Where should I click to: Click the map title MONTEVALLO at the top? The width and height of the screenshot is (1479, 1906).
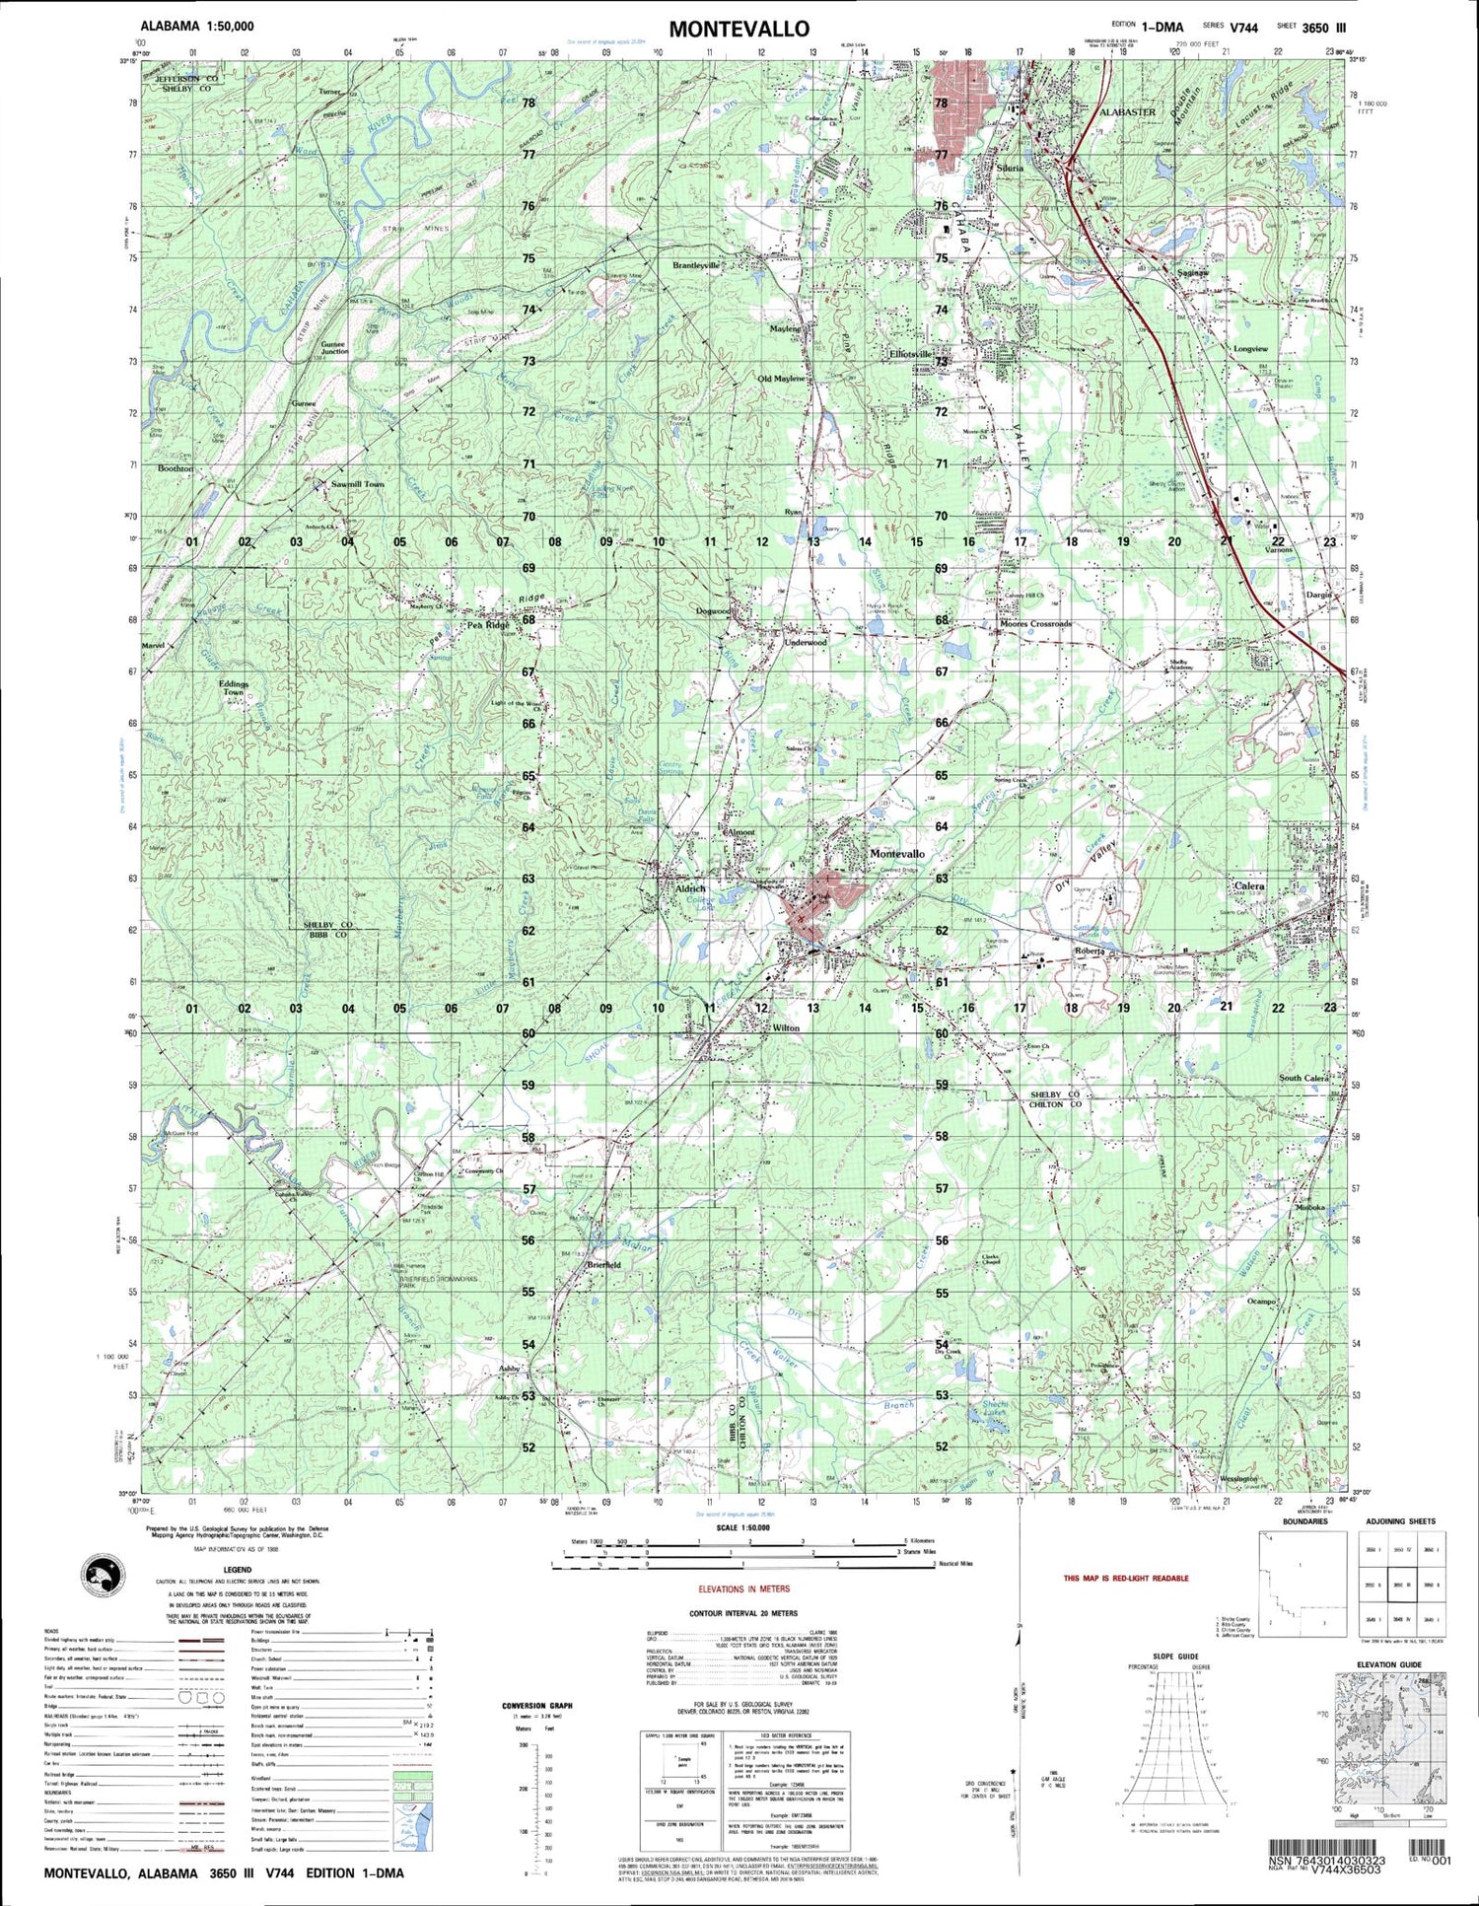(x=740, y=29)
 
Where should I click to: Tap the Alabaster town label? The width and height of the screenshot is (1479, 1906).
(x=1127, y=112)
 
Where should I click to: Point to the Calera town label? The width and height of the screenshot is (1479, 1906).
(x=1249, y=886)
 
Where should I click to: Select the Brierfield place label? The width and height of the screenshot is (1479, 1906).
(x=602, y=1264)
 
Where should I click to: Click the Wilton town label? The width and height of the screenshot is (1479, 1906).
(x=786, y=1028)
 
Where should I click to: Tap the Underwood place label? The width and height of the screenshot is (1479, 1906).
(x=806, y=643)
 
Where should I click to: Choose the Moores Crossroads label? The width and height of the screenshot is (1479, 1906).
(x=1035, y=624)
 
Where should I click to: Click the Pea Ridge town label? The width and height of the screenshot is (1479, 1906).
(x=487, y=625)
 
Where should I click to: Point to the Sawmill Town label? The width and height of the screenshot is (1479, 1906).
(x=358, y=485)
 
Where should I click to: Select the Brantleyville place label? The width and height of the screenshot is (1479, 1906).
(x=696, y=266)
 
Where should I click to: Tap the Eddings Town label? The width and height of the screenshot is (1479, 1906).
(x=234, y=688)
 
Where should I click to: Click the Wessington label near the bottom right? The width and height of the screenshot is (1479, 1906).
(x=1238, y=1478)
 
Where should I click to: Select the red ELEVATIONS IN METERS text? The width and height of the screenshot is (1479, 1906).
(x=742, y=1588)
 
